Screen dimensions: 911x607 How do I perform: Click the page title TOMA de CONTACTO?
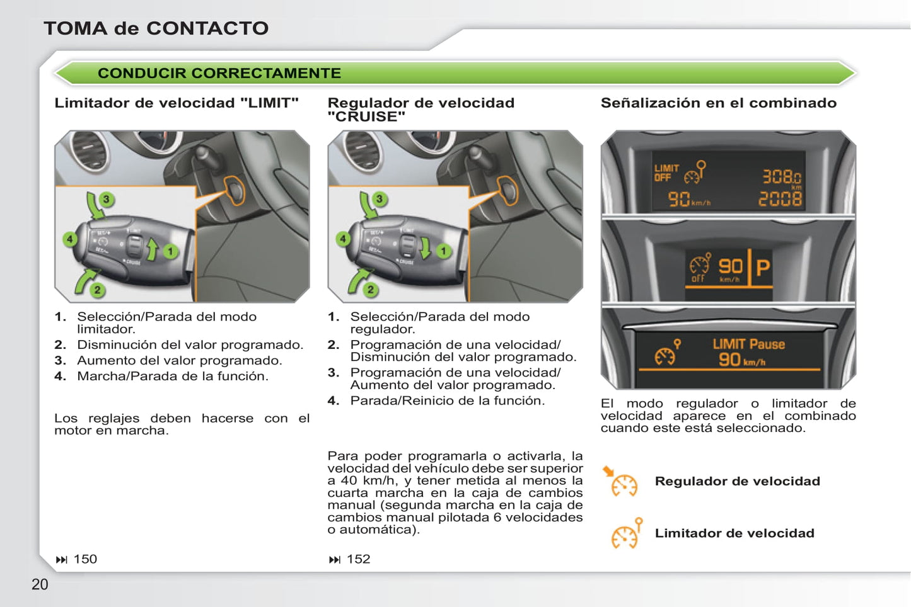[x=156, y=28]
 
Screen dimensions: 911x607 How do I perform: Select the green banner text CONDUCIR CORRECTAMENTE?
[x=219, y=73]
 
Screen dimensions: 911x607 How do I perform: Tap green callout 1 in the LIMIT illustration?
[x=170, y=251]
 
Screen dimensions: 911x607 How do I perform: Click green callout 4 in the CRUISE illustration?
[x=343, y=239]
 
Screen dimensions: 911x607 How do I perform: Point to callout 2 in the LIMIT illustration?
[x=98, y=290]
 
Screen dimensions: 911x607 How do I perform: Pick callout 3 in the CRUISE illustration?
[x=380, y=199]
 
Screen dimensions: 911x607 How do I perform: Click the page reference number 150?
[x=85, y=559]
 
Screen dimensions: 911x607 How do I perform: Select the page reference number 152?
[x=358, y=559]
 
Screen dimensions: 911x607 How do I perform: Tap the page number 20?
[x=40, y=584]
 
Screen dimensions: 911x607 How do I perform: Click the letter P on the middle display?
[x=763, y=268]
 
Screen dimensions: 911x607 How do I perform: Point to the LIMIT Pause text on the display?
[x=749, y=344]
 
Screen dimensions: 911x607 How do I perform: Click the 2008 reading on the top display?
[x=780, y=199]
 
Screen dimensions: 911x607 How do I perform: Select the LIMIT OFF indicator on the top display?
[x=666, y=173]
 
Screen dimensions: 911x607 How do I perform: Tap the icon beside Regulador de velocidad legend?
[x=622, y=482]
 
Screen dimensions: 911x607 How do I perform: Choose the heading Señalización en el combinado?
[x=719, y=103]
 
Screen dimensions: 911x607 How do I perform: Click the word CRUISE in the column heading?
[x=367, y=116]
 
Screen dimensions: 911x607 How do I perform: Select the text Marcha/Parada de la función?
[x=173, y=376]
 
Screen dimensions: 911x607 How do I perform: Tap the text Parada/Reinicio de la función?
[x=448, y=400]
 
